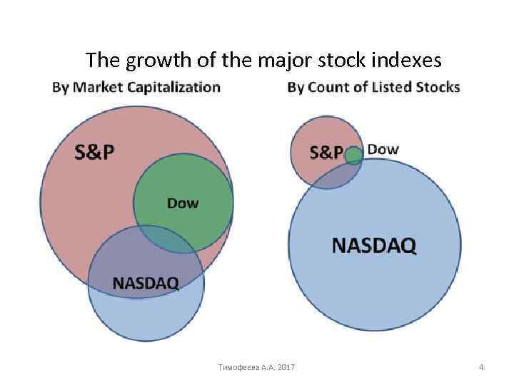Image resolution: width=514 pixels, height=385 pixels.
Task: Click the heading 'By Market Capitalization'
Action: click(136, 88)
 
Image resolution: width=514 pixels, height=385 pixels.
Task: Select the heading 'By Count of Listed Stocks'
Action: click(373, 88)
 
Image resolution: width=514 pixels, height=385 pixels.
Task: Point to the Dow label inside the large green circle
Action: click(183, 203)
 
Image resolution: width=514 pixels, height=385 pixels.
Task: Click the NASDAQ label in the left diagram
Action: click(145, 282)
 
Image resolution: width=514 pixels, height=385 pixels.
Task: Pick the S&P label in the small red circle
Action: click(326, 153)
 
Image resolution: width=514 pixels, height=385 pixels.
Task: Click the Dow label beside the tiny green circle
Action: click(383, 150)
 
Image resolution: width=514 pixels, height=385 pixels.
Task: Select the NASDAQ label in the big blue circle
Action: click(374, 246)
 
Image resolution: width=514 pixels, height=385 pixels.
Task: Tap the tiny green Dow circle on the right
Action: click(353, 156)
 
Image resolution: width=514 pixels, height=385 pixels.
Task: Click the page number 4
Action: click(481, 367)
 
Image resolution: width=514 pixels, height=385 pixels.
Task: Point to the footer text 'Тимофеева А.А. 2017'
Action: click(257, 367)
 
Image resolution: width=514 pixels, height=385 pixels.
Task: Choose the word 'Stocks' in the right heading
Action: click(437, 88)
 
